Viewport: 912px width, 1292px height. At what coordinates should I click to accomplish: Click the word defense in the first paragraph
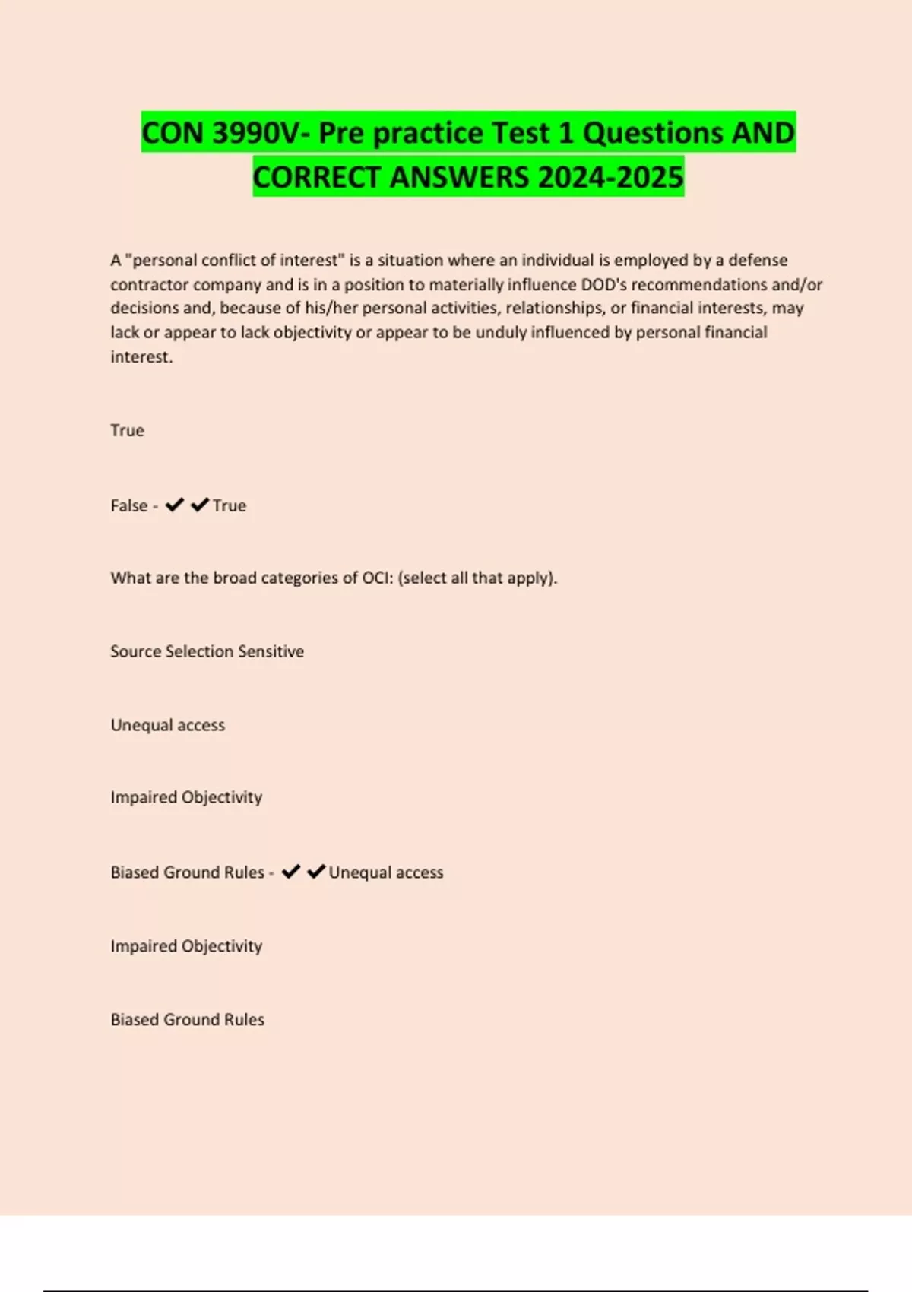tap(758, 260)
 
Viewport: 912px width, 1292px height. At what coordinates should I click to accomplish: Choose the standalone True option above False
tap(127, 430)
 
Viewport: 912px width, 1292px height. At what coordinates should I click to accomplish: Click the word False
tap(128, 505)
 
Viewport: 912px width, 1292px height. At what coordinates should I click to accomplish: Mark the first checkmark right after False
tap(174, 505)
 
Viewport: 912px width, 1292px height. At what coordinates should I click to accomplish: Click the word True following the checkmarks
tap(230, 505)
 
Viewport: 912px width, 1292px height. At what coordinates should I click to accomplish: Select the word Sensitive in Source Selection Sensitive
tap(271, 651)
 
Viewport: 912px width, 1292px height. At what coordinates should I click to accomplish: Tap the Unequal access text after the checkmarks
tap(385, 872)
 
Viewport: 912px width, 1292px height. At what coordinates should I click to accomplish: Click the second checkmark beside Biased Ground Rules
tap(315, 872)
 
